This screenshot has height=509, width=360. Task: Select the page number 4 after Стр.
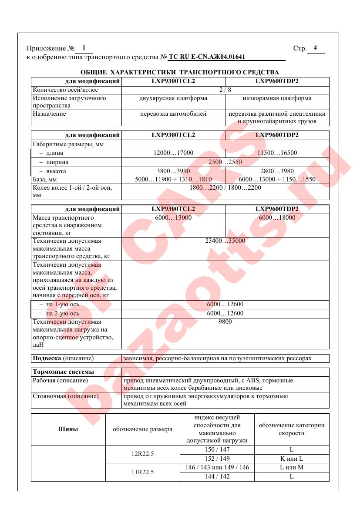coord(315,48)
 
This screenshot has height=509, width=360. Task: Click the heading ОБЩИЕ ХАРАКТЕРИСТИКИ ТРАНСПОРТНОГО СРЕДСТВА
coord(180,72)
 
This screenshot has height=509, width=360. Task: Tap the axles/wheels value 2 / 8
coord(225,90)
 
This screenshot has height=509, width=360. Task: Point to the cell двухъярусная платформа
coord(173,98)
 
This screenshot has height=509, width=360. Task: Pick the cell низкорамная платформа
coord(277,98)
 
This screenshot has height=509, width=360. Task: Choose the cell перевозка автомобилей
coord(173,114)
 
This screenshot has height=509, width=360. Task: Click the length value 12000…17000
coord(173,153)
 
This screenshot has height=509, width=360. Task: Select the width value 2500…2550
coord(225,162)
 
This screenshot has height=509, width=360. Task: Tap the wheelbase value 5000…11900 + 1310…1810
coord(173,180)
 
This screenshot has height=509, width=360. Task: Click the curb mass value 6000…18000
coord(277,218)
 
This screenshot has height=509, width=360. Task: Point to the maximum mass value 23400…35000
coord(225,241)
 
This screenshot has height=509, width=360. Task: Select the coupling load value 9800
coord(225,322)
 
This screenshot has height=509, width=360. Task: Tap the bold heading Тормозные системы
coord(64,372)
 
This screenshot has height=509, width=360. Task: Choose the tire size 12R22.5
coord(142,454)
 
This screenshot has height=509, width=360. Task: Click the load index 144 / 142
coord(217,477)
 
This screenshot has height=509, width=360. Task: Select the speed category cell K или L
coord(291,459)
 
